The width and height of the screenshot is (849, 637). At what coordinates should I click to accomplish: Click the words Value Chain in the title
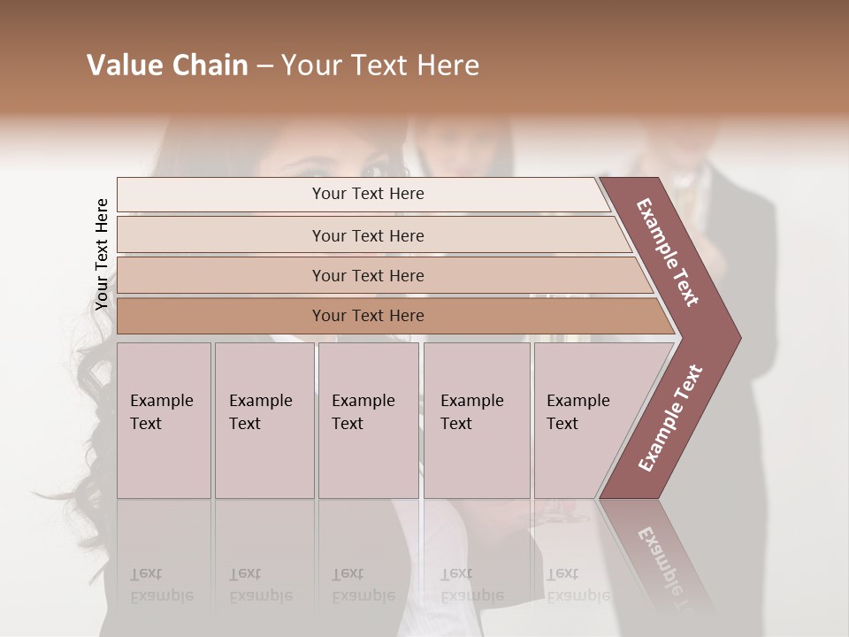[167, 65]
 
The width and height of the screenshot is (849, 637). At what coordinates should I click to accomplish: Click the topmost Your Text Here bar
[367, 194]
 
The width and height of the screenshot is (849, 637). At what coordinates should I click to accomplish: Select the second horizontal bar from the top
[367, 235]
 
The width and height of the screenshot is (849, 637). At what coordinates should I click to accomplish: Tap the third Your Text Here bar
[367, 275]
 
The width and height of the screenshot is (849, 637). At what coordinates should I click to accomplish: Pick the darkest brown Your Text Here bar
[367, 316]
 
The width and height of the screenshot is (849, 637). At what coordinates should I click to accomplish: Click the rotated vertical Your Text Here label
[102, 254]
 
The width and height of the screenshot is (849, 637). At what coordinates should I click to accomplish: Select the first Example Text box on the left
[164, 419]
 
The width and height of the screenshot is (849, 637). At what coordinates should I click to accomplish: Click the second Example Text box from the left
[264, 419]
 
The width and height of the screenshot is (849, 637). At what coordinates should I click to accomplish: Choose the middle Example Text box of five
[368, 419]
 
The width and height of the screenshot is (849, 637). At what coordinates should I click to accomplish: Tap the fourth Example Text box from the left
[476, 419]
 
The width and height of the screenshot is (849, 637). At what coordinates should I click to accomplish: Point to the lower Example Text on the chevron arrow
[670, 418]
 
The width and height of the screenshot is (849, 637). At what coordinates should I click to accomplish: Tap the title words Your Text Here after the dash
[380, 65]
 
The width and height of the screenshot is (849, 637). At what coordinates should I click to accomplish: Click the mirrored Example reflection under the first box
[162, 595]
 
